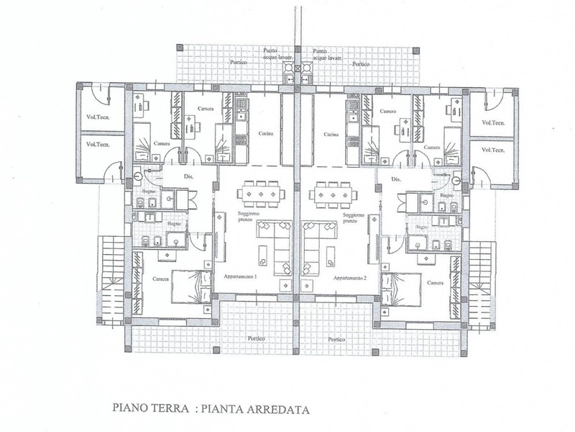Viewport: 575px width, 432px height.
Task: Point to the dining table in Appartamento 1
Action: (x=262, y=192)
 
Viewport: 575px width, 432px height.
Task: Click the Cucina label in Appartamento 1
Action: (x=259, y=135)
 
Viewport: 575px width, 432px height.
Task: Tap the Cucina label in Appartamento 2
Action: (x=331, y=135)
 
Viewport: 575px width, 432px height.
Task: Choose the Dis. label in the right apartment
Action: (x=395, y=179)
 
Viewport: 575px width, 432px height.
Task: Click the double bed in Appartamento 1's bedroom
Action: (x=190, y=287)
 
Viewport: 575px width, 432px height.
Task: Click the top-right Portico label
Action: (x=361, y=63)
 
